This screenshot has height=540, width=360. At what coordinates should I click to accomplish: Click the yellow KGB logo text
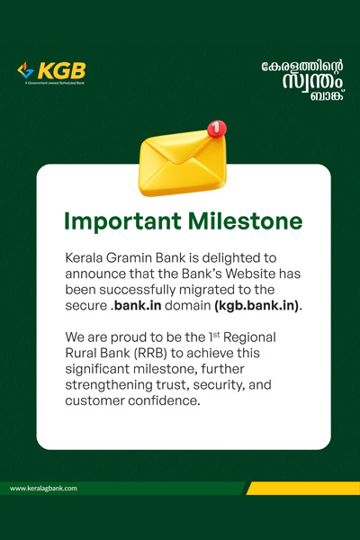(x=62, y=71)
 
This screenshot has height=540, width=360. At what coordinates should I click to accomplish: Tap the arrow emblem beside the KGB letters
(x=26, y=70)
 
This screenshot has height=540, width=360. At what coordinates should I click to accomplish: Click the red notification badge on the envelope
(x=217, y=129)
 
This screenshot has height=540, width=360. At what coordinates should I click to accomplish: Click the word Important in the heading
(x=122, y=221)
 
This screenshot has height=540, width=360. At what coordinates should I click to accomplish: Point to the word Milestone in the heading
(x=246, y=220)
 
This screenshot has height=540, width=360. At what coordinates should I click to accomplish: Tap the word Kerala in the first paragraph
(x=84, y=257)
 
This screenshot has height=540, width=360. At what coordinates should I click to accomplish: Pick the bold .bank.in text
(x=136, y=305)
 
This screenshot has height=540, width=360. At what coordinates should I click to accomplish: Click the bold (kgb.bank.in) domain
(x=257, y=306)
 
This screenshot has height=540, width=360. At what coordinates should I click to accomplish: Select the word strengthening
(x=109, y=385)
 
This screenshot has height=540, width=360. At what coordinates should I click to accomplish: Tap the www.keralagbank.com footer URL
(x=43, y=489)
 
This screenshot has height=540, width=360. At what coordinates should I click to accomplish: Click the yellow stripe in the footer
(x=303, y=489)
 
